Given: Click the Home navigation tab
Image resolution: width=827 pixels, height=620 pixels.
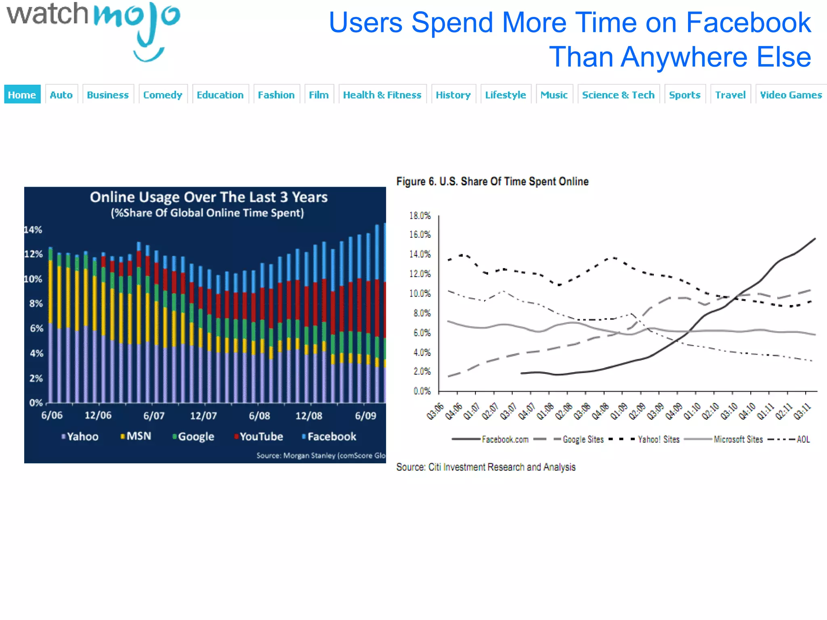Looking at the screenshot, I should [22, 94].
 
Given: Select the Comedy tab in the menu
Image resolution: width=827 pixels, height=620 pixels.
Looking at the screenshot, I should [163, 94].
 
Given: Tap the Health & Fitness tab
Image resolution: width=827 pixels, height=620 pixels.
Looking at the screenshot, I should [382, 94].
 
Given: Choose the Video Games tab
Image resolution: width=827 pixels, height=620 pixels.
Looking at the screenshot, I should [791, 94].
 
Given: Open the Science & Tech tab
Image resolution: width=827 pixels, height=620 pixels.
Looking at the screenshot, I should [618, 94].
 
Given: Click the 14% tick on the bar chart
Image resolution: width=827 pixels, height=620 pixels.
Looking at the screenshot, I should [33, 230].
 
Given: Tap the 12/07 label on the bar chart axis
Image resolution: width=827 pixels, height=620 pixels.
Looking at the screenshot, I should [203, 415].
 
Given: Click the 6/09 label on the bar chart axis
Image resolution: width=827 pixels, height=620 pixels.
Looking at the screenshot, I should [365, 415].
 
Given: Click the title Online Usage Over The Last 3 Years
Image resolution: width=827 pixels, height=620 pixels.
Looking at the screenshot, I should [208, 197].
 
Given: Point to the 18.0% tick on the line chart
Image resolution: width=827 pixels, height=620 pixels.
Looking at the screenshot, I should [420, 216].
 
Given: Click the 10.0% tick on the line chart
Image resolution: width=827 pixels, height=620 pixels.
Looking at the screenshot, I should [420, 293].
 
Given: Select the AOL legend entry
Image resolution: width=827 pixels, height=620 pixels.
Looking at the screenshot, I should [803, 439].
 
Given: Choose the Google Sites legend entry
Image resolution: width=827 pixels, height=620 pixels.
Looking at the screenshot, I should [583, 439].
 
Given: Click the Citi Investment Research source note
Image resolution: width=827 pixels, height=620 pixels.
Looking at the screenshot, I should [486, 467].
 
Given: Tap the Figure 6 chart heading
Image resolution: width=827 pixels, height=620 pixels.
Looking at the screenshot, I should [492, 181].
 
